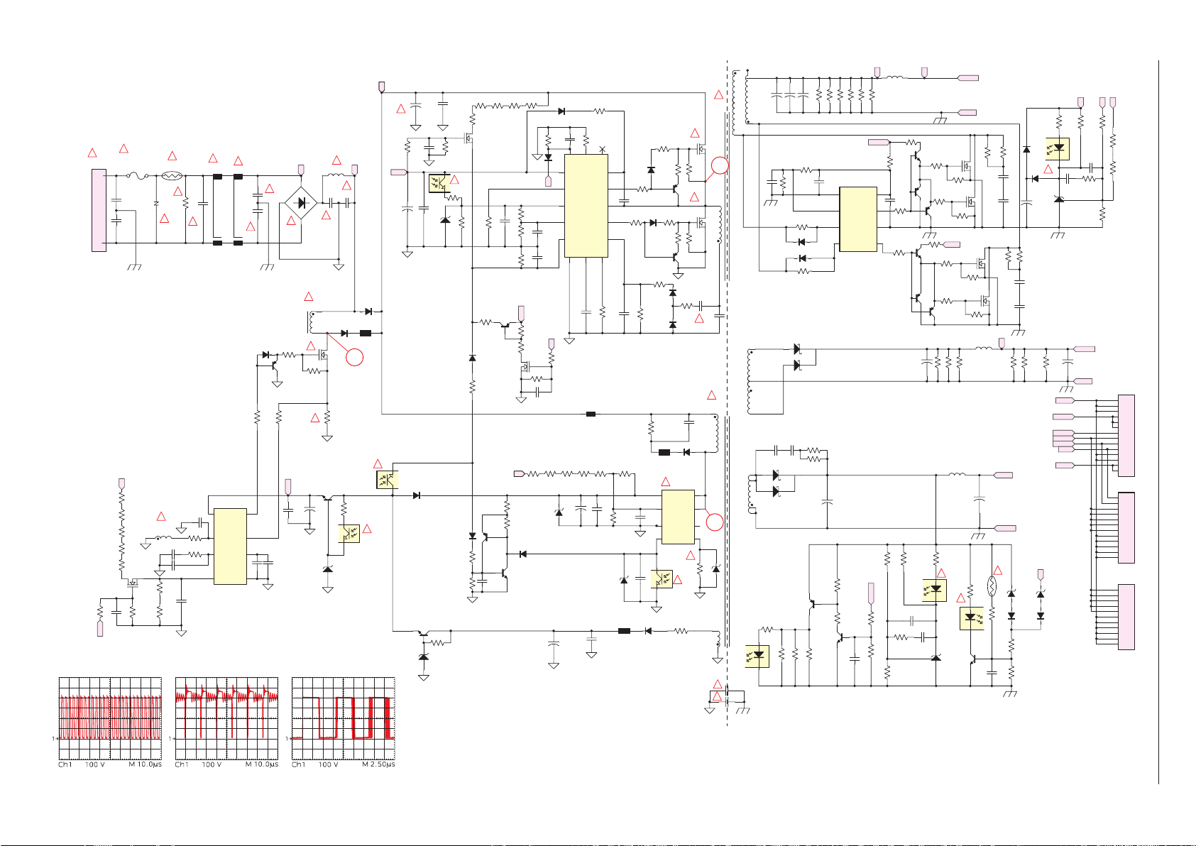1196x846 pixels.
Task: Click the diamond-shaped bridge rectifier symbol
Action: (x=301, y=203)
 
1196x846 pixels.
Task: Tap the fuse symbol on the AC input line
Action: (x=138, y=175)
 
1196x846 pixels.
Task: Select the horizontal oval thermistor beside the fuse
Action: (x=172, y=175)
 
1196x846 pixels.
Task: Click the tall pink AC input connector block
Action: (x=99, y=210)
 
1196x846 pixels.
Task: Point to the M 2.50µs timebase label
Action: (x=378, y=764)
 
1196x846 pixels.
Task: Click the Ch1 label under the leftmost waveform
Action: (x=65, y=764)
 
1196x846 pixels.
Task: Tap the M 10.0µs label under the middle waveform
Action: (x=262, y=764)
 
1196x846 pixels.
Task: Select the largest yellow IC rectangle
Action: (x=586, y=206)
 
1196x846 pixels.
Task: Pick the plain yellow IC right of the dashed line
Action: (x=858, y=219)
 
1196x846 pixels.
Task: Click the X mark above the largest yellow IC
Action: (x=603, y=149)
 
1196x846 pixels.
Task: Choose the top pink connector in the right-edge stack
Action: (x=1126, y=436)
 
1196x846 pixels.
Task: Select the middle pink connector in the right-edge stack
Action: (x=1126, y=528)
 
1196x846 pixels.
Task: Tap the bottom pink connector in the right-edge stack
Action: (x=1126, y=617)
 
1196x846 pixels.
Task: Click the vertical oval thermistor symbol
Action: (x=992, y=586)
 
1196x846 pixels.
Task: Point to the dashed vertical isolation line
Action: (x=727, y=393)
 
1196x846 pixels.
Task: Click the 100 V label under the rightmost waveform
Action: (x=329, y=764)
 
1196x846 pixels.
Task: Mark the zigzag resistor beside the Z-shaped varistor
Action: (x=185, y=203)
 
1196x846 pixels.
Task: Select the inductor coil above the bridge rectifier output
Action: (x=336, y=174)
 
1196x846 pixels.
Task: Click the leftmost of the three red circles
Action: (x=354, y=357)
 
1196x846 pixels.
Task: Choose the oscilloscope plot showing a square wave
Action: (x=344, y=718)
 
